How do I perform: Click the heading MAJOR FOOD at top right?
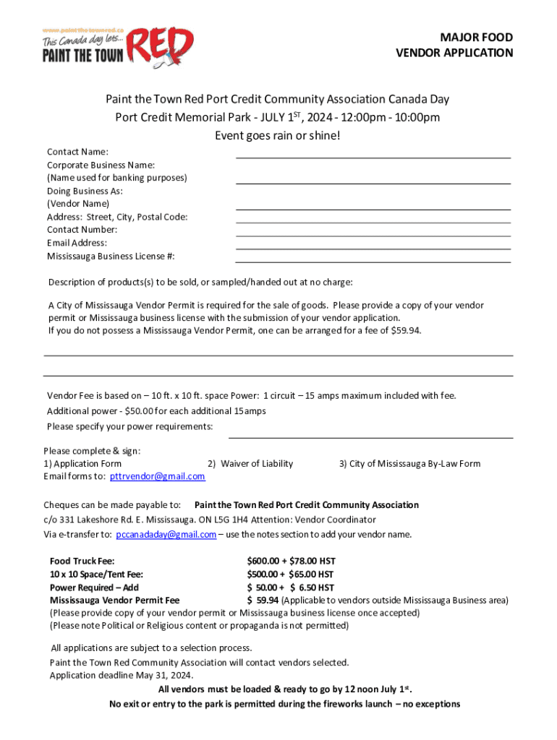480,38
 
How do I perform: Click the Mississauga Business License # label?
111,256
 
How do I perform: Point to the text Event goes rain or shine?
278,135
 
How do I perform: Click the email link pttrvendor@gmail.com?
158,477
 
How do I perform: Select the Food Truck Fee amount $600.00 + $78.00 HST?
291,562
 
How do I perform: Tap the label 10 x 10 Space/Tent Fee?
96,575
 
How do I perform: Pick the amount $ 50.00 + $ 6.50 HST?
290,588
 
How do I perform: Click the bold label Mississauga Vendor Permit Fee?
114,601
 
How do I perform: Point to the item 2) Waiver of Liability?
250,464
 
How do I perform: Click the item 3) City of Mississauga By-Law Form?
409,464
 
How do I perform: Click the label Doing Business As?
85,191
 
